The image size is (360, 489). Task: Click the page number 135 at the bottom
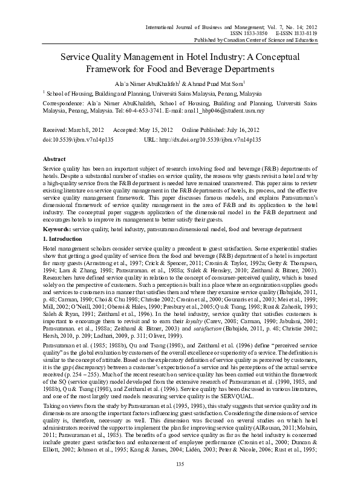coord(180,481)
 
